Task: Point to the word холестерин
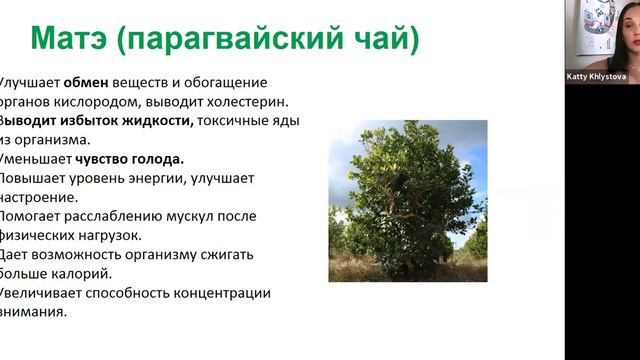pos(251,102)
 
